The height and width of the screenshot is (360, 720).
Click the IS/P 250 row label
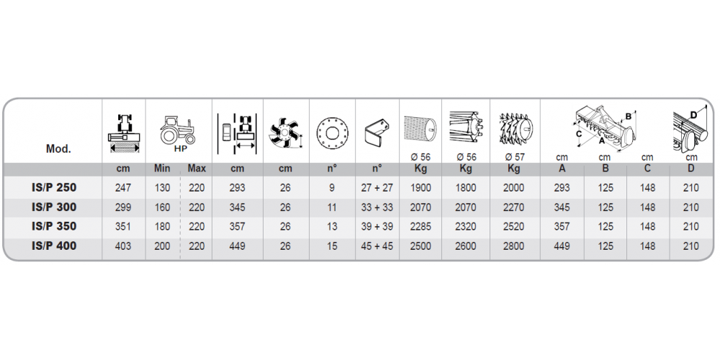(54, 188)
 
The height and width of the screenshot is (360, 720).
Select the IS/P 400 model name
(54, 246)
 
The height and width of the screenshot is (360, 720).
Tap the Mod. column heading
(59, 149)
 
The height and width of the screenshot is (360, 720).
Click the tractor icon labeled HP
(177, 130)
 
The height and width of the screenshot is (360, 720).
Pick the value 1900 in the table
(420, 188)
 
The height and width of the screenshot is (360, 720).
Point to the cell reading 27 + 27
(377, 188)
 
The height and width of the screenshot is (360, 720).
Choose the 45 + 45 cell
(377, 246)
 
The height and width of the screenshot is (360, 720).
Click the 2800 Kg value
(513, 246)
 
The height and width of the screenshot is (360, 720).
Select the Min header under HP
(162, 168)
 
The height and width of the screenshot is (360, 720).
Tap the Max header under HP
(197, 168)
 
